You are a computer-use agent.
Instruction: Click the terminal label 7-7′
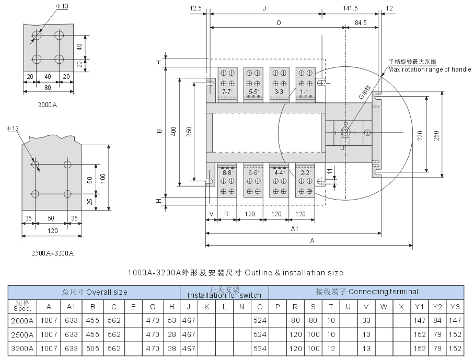point(227,92)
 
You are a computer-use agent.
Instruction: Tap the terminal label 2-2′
point(306,172)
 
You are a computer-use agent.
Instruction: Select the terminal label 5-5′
point(253,92)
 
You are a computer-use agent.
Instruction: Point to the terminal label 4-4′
point(280,172)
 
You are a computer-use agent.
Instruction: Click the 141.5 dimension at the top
point(351,8)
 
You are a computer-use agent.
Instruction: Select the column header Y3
point(455,307)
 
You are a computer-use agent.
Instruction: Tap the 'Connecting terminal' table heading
point(366,292)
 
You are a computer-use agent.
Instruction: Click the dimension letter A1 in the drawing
point(294,229)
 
